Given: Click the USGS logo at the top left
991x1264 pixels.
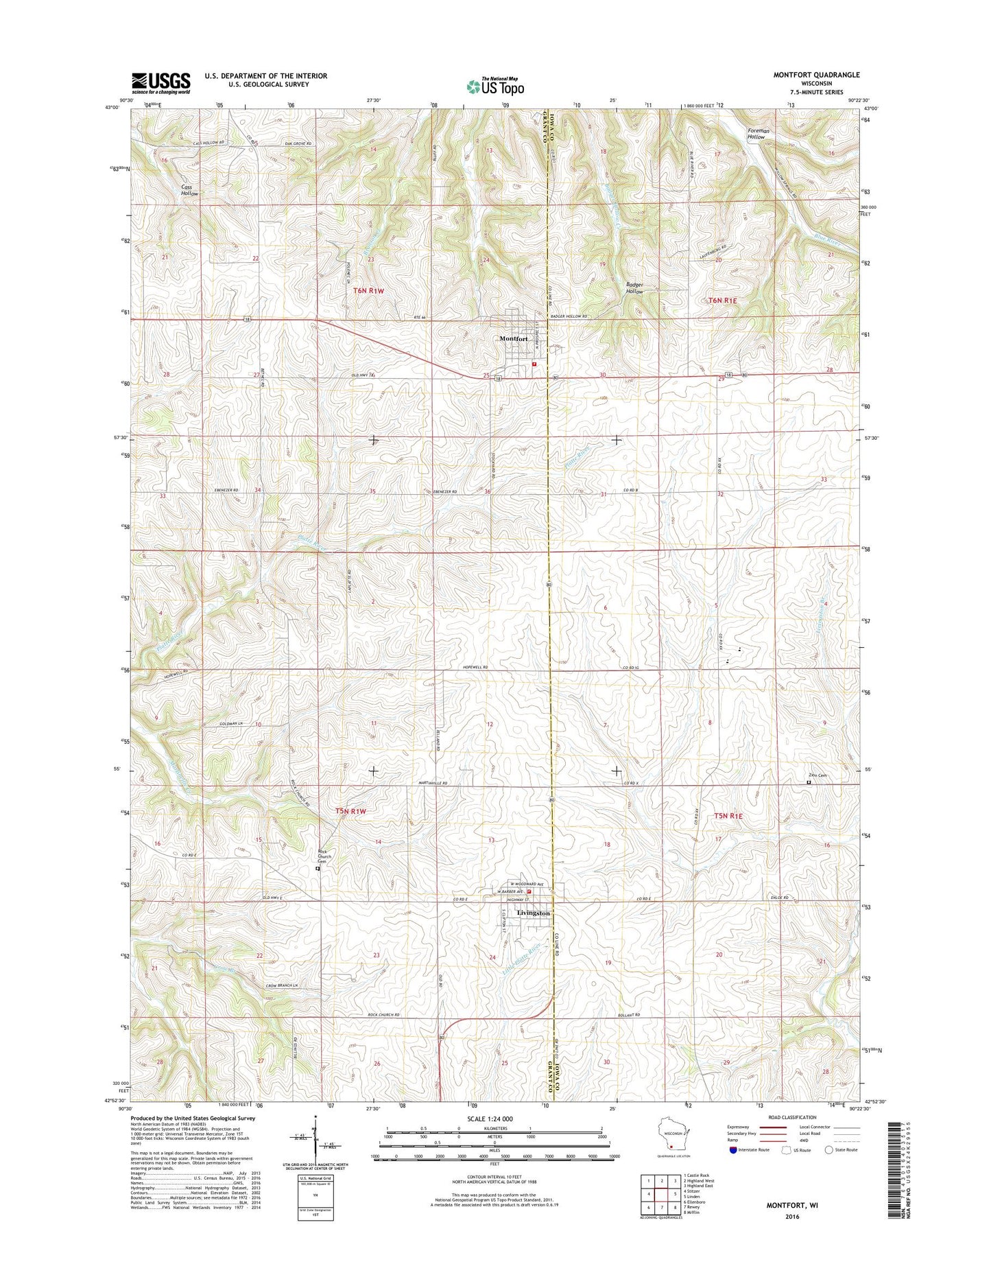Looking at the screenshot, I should (160, 83).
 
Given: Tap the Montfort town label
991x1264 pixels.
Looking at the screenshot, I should (513, 339).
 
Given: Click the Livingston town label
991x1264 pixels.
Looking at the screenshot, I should (533, 913).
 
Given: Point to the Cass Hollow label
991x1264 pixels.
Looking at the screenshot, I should (189, 190).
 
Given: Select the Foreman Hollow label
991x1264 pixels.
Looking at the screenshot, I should (758, 134).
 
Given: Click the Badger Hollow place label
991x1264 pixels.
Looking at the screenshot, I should (634, 288).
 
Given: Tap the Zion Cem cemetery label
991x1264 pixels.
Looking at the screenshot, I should (817, 775).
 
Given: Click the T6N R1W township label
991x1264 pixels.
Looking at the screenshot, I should (368, 291).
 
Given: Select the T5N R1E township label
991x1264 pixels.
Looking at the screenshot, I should (728, 816).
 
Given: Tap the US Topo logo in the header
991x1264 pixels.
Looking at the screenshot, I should (495, 86).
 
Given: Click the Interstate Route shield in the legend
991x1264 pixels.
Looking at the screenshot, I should (735, 1150).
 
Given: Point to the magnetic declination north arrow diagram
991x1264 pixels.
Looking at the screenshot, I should (313, 1143).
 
